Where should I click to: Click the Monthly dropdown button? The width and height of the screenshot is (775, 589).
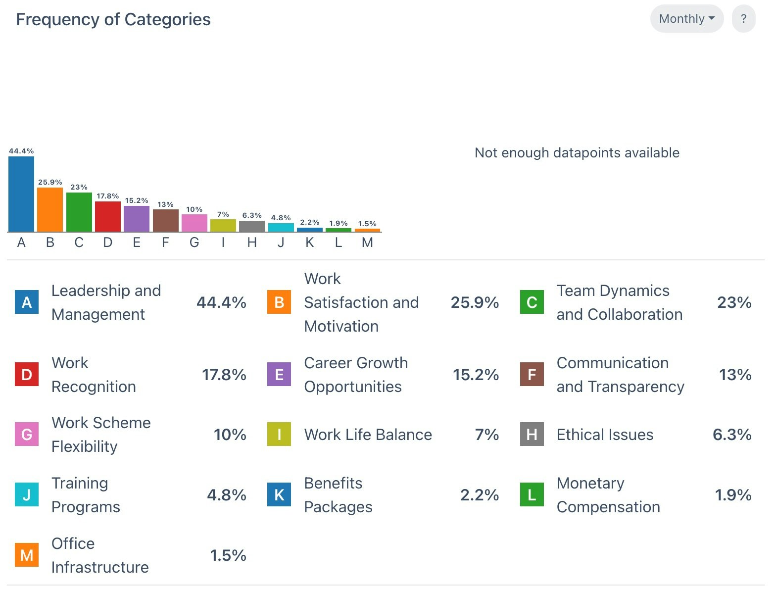[686, 19]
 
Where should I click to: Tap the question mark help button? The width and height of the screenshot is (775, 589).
[743, 19]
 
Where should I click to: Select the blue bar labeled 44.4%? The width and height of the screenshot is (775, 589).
[21, 194]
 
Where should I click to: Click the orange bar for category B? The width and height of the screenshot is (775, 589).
[50, 209]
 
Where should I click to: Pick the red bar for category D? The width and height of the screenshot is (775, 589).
[108, 216]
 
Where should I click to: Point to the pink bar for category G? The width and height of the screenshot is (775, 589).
[194, 223]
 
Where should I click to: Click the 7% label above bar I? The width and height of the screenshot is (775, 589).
[223, 214]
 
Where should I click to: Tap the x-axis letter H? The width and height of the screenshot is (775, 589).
[252, 243]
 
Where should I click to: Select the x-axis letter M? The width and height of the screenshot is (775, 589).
[367, 243]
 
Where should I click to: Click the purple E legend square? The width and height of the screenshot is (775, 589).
[279, 375]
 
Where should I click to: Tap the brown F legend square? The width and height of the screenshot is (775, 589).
[532, 375]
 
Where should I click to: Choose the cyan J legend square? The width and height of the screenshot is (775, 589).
[27, 495]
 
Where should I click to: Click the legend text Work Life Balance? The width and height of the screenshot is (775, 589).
[368, 435]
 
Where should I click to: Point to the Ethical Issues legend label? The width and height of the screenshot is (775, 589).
[605, 435]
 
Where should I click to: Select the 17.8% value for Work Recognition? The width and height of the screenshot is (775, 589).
[224, 375]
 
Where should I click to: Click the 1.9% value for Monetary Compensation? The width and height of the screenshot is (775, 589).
[733, 495]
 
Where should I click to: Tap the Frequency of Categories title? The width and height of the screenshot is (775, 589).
[113, 19]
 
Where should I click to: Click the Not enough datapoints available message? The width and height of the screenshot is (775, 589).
[577, 152]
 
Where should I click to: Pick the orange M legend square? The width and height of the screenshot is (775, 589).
[27, 555]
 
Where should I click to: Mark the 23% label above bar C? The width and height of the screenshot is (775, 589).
[79, 187]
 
